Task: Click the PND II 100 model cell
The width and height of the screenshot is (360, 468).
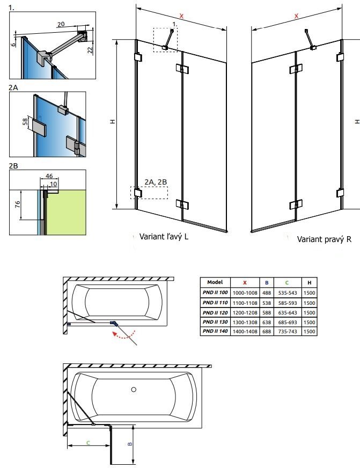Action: tap(215, 292)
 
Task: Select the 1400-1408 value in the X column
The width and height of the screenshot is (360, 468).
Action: tap(245, 332)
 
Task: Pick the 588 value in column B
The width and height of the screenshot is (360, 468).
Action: tap(267, 312)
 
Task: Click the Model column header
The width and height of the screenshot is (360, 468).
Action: tap(215, 282)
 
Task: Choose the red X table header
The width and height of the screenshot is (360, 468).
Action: tap(245, 282)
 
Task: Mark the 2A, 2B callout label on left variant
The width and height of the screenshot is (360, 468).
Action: tap(156, 182)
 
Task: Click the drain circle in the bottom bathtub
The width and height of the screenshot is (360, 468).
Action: tap(134, 390)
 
